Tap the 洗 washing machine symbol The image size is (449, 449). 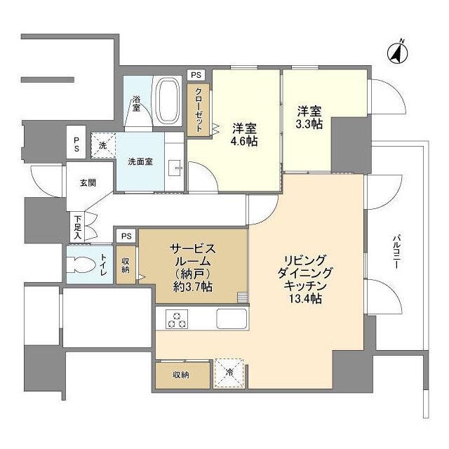coord(102,147)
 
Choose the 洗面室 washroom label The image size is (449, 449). coord(140,161)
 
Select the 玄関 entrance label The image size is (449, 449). coord(88,183)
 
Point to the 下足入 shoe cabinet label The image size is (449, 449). coord(77,226)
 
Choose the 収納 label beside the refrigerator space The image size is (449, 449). coord(182,374)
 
